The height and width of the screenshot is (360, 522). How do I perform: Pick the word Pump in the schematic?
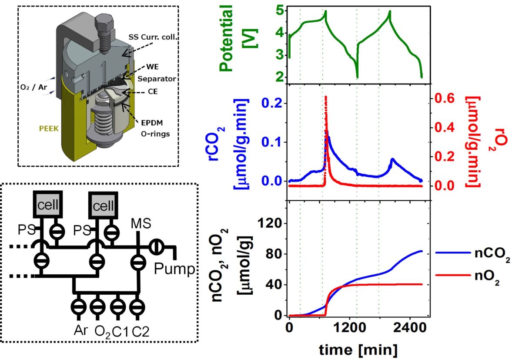coord(174,270)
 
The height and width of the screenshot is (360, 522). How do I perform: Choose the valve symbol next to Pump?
coord(156,247)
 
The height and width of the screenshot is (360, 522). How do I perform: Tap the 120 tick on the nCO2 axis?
coord(270,224)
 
